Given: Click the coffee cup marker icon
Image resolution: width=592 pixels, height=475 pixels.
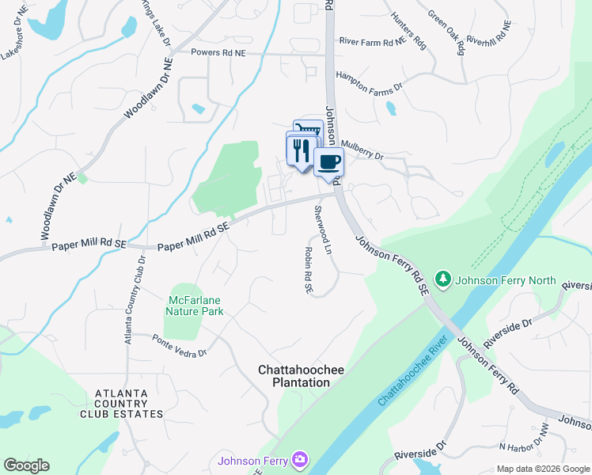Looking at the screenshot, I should (x=329, y=161).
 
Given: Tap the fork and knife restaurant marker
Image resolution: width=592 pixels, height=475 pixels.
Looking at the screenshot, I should (x=301, y=150).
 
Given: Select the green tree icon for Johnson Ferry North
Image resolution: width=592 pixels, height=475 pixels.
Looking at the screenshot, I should (x=444, y=279).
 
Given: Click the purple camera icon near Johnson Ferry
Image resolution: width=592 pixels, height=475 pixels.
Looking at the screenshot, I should (x=299, y=458).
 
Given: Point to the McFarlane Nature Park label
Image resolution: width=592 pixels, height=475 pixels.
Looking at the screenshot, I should (x=195, y=306).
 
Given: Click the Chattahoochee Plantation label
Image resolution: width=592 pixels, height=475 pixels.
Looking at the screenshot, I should (x=294, y=376).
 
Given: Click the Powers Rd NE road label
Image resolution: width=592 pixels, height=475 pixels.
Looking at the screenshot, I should (x=219, y=52).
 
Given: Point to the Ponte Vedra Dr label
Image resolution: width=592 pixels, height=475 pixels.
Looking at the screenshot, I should (x=179, y=347).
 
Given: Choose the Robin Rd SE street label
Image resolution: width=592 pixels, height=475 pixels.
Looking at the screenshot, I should (x=308, y=270).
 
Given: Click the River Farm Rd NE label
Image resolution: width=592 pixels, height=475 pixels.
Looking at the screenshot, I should (x=371, y=40).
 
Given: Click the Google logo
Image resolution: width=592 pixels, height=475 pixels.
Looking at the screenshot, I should (x=26, y=465).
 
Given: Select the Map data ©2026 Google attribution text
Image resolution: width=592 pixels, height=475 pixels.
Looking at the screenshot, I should (x=542, y=469).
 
